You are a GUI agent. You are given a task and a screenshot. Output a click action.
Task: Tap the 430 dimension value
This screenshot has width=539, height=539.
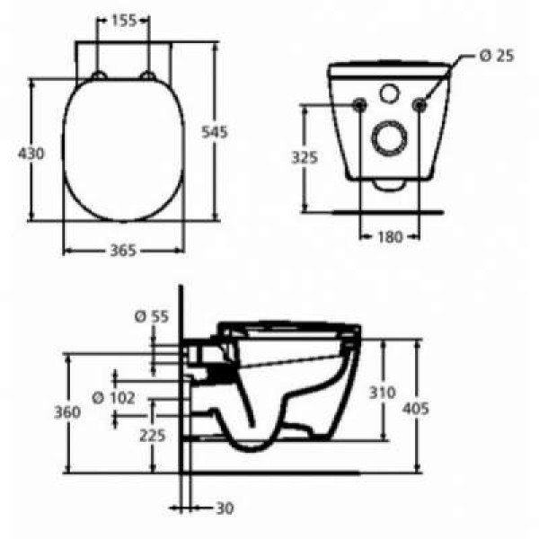click(31, 154)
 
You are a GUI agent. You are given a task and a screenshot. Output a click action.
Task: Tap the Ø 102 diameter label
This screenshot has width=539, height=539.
click(114, 397)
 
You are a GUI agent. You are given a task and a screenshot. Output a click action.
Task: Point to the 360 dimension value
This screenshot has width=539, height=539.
click(66, 411)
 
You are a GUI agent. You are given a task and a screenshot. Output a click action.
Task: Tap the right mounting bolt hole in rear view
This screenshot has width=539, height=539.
click(418, 105)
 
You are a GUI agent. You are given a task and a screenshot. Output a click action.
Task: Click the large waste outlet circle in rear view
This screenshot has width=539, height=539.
click(389, 139)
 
